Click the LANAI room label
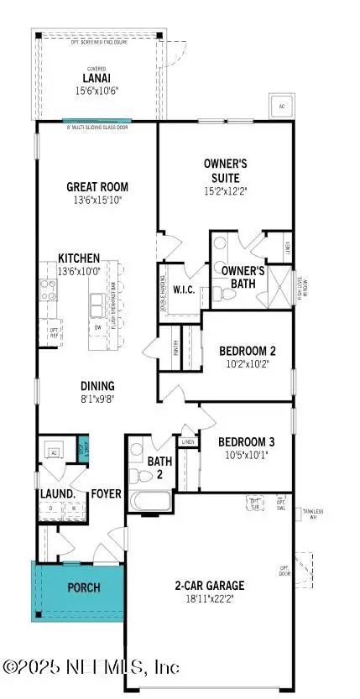click(97, 78)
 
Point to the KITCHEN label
click(79, 258)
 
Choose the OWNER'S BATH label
click(243, 278)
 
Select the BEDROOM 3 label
click(246, 441)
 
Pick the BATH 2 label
click(159, 467)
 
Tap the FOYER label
click(107, 493)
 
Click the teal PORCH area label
click(83, 587)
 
